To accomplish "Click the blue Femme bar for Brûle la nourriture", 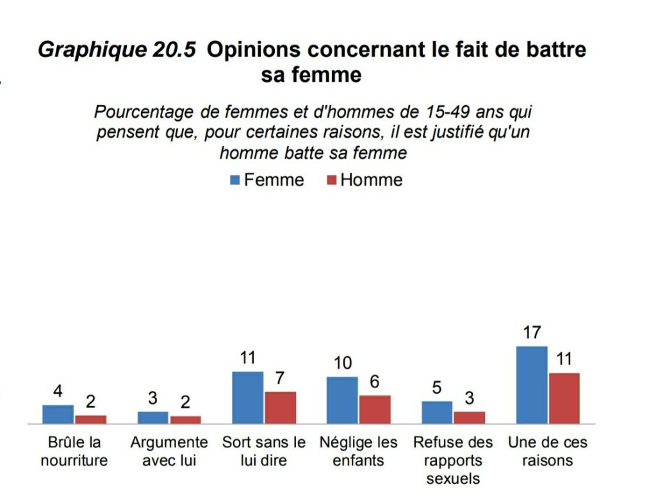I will (x=58, y=414).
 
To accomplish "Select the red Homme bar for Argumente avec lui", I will (x=185, y=420).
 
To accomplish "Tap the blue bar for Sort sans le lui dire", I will (x=247, y=398).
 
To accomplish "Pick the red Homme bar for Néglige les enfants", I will (x=375, y=410).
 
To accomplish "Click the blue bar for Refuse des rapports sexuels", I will (x=437, y=412).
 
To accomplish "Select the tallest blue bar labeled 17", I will (x=532, y=385).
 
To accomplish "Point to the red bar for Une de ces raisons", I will (x=564, y=398).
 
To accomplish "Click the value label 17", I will (x=532, y=333).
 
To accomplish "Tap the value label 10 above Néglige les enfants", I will (x=343, y=364).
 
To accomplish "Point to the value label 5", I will (x=437, y=388).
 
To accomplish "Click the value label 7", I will (x=280, y=378).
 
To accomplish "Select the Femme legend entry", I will (x=266, y=180).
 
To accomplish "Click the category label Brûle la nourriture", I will (x=74, y=451).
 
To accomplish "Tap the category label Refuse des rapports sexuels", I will (x=453, y=460).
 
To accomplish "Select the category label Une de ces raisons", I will (x=548, y=451).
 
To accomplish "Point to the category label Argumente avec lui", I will (x=169, y=451).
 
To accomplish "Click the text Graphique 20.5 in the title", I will (x=117, y=50).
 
